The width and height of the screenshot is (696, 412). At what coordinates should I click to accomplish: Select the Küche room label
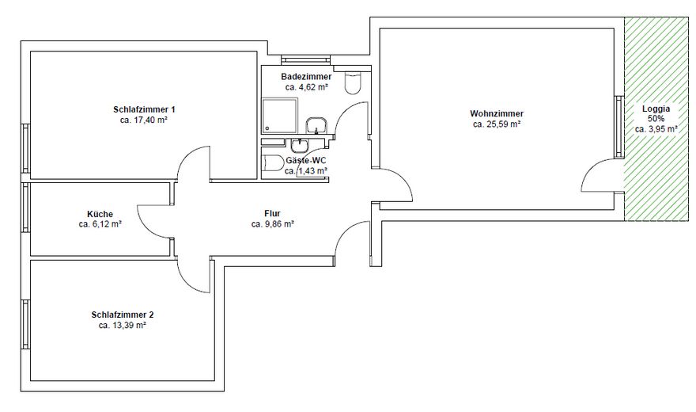pos(100,214)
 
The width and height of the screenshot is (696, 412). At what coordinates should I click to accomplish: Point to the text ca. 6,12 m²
pos(100,224)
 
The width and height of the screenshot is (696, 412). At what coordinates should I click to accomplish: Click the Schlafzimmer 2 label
pos(122,315)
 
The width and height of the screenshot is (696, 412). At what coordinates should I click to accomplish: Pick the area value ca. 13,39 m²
pos(122,326)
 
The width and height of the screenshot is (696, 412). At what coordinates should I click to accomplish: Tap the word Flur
pos(273,214)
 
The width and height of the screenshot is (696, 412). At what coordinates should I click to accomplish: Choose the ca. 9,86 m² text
pos(273,224)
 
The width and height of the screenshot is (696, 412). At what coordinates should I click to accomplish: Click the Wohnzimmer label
pos(496,113)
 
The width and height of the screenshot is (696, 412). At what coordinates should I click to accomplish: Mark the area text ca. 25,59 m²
pos(496,124)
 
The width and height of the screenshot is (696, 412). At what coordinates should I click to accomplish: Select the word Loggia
pos(656,107)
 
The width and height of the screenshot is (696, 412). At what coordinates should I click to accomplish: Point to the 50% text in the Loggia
pos(656,117)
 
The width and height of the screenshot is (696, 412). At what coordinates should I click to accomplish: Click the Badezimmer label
pos(306,77)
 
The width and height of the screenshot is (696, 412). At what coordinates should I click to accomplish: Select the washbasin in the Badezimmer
pos(317,125)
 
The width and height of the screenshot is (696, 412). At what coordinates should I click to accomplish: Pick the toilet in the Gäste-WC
pos(274,164)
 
